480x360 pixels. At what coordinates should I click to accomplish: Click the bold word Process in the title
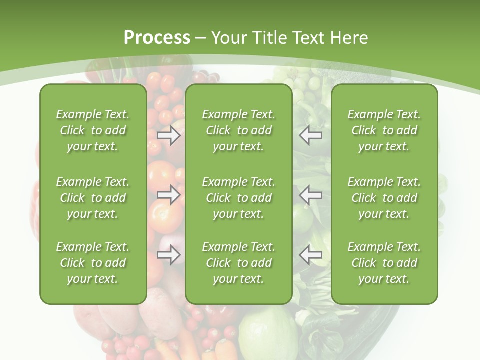[157, 38]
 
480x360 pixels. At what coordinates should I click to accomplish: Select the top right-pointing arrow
[169, 135]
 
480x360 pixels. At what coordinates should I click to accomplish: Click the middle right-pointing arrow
[169, 194]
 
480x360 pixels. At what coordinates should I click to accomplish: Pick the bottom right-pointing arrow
[169, 255]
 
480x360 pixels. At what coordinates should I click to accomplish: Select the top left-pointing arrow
[311, 135]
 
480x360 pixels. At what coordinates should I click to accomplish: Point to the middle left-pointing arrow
[311, 194]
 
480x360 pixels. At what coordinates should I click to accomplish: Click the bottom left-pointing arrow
[311, 255]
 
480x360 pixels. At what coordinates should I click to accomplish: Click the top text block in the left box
[93, 130]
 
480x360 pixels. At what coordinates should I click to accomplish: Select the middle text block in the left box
[93, 198]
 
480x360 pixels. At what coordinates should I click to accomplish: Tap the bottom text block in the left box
[93, 263]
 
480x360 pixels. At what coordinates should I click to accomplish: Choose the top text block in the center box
[239, 130]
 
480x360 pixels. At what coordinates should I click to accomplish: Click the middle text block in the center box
[239, 198]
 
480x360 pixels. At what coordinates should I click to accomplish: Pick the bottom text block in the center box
[239, 263]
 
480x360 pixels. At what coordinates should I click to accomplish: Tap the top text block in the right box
[384, 130]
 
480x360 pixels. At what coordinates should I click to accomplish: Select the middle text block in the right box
[384, 198]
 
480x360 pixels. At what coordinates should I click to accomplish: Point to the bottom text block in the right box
[384, 263]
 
